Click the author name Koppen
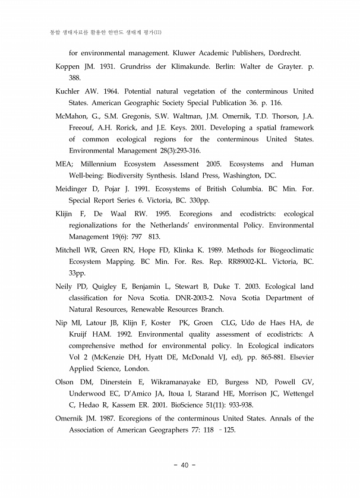[x=70, y=67]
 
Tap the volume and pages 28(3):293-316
[x=170, y=150]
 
